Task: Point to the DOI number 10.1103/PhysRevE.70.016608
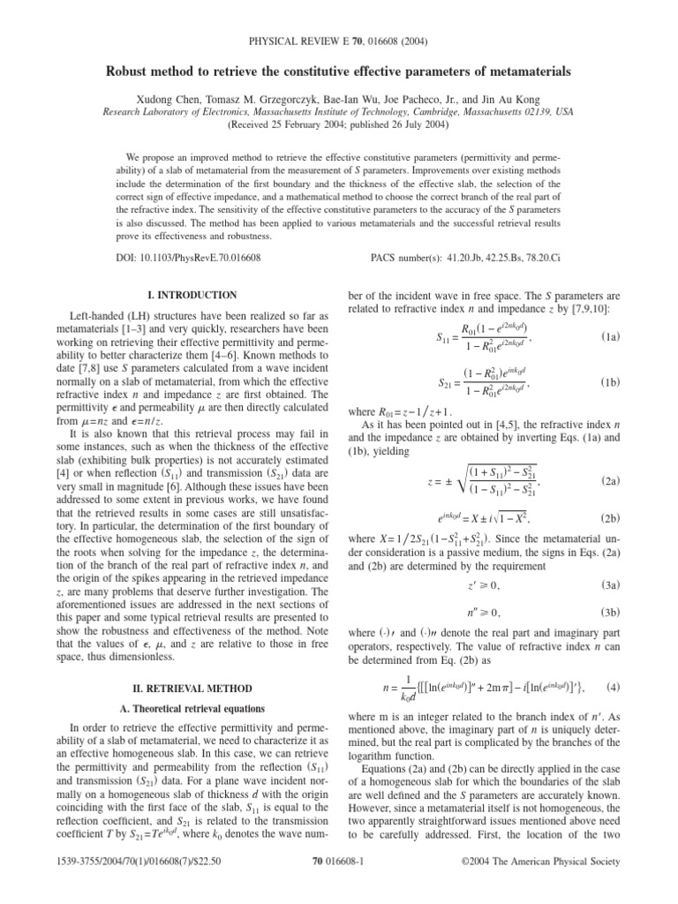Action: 206,259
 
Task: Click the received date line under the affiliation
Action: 338,125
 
